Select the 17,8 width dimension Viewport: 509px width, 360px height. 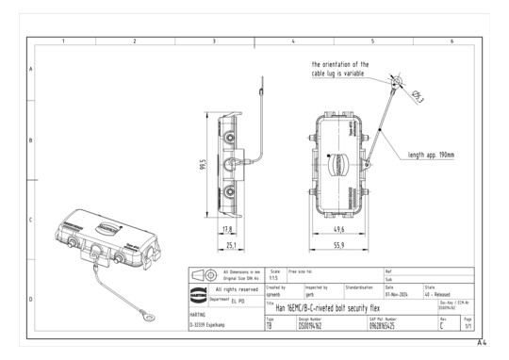226,229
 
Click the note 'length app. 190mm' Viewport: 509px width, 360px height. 431,155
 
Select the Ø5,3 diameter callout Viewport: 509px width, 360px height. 418,95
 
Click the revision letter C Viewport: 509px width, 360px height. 442,325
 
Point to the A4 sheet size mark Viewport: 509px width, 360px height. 482,343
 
